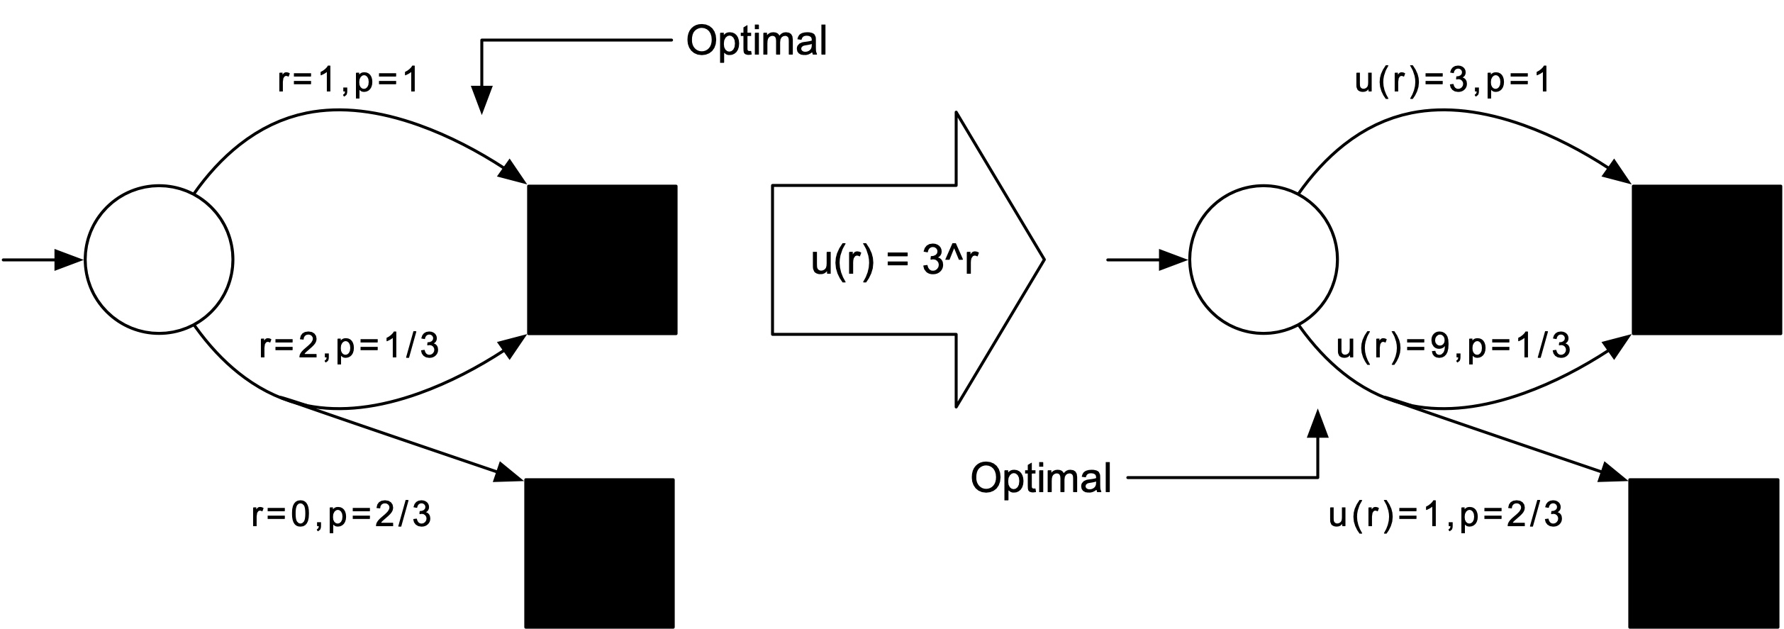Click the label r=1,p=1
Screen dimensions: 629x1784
[348, 81]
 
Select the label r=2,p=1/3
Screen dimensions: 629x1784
[349, 347]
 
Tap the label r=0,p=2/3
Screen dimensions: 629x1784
[341, 516]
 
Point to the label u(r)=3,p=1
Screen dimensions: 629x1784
[1452, 81]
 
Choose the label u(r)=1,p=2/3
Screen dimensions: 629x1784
[1446, 516]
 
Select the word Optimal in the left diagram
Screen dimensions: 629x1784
[756, 41]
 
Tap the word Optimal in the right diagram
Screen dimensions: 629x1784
[1040, 478]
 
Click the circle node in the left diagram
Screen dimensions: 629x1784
[159, 260]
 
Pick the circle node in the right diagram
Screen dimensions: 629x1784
[1263, 260]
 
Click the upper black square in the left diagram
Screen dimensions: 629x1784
[602, 260]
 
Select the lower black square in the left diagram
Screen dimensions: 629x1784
[599, 552]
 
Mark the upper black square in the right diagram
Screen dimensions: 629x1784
[1707, 260]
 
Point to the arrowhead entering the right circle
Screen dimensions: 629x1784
[1173, 260]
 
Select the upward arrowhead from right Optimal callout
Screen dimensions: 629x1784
[1317, 423]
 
